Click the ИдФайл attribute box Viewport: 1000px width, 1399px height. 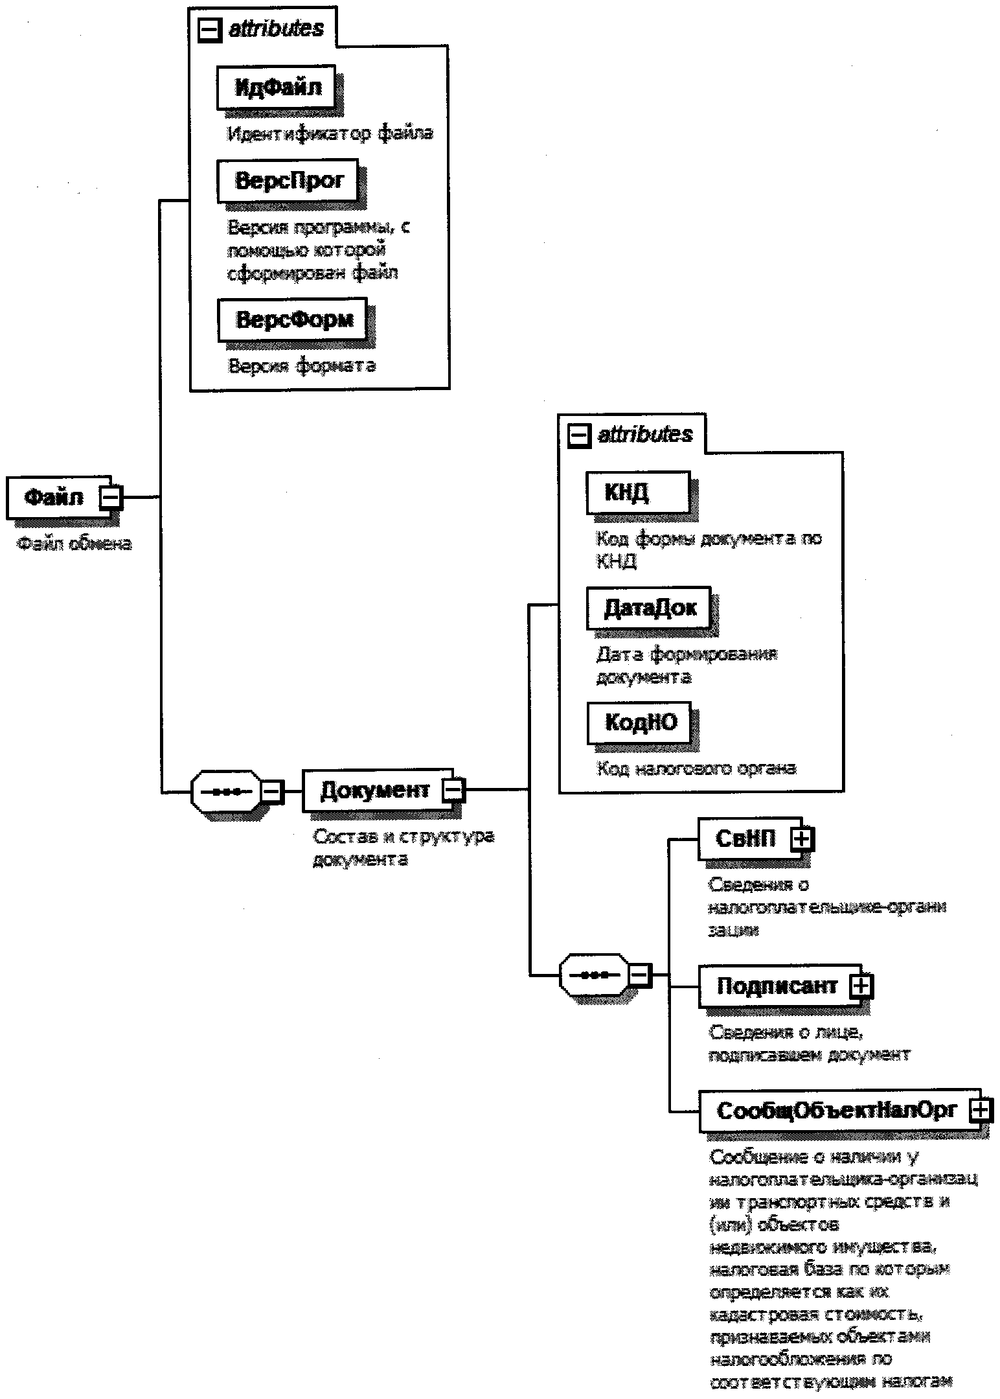[x=277, y=87]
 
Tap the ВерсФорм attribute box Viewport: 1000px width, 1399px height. [x=293, y=319]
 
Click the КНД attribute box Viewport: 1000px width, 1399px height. [x=638, y=492]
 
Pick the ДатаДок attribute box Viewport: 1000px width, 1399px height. [x=649, y=608]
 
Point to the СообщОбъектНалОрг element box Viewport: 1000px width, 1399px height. [x=835, y=1110]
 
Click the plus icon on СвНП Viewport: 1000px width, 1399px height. [x=802, y=839]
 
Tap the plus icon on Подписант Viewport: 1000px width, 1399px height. [x=861, y=986]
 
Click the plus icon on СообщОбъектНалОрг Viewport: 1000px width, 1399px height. [x=981, y=1111]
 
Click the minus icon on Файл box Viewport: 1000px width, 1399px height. [x=111, y=497]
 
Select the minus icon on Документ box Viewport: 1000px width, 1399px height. [x=453, y=791]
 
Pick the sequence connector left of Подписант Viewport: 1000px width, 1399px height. [x=594, y=974]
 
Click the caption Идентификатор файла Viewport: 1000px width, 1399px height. [x=330, y=134]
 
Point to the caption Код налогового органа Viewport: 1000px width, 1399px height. [x=696, y=769]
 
